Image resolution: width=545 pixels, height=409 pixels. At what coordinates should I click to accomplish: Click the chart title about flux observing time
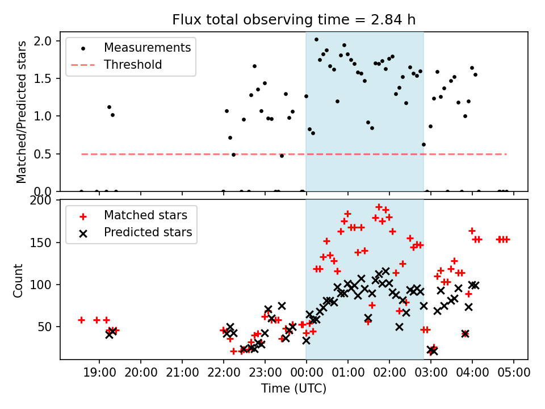click(x=294, y=20)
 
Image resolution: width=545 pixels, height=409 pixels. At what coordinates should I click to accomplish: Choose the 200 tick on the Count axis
click(x=44, y=201)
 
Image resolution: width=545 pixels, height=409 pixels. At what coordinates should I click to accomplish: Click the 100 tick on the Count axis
click(x=44, y=285)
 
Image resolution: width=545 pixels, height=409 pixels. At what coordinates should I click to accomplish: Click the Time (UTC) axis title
click(x=294, y=389)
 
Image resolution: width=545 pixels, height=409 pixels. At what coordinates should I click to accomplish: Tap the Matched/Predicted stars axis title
click(x=22, y=112)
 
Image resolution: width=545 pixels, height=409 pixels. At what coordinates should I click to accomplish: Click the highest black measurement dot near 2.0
click(x=316, y=40)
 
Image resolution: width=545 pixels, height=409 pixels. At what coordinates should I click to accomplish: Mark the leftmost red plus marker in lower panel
click(x=81, y=320)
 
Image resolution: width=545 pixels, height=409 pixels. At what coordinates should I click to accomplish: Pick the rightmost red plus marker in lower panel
click(x=506, y=239)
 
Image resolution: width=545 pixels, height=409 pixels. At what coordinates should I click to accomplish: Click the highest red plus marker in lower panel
click(x=379, y=207)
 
